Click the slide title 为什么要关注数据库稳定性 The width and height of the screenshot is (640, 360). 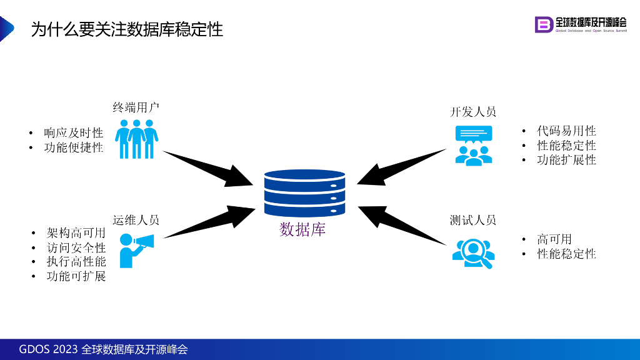tap(127, 29)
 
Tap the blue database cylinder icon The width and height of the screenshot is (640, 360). tap(304, 193)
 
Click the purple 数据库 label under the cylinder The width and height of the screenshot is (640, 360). tap(302, 230)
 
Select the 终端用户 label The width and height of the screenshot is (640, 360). tap(136, 107)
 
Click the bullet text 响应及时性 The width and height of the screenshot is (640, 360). tap(73, 133)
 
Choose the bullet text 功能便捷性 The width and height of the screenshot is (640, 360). tap(73, 147)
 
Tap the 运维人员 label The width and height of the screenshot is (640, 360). tap(136, 220)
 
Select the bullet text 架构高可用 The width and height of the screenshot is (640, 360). tap(76, 233)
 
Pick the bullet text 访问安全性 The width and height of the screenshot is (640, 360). tap(76, 247)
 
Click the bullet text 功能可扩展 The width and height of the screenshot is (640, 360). tap(76, 276)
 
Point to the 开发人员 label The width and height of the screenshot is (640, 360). tap(473, 112)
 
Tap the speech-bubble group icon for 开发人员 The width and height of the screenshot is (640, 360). tap(473, 145)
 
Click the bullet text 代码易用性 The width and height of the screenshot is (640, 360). tap(566, 131)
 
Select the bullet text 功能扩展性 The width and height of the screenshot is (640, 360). tap(566, 160)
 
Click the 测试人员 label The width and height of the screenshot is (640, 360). tap(473, 220)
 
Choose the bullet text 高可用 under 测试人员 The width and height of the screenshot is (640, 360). tap(554, 239)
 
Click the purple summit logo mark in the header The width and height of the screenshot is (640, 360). tap(544, 24)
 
